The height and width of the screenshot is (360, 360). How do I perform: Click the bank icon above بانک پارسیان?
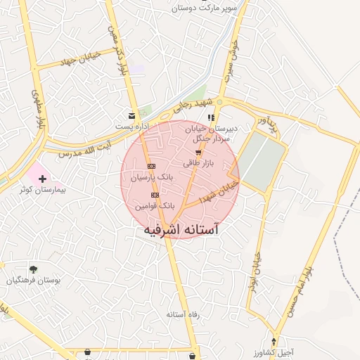coord(151,166)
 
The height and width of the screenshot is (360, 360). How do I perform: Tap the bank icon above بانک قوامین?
coord(155,195)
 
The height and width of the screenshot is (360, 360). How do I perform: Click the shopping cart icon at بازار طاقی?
coord(198,153)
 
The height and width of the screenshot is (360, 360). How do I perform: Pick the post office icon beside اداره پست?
coord(131,115)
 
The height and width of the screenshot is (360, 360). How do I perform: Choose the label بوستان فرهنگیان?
coord(31,281)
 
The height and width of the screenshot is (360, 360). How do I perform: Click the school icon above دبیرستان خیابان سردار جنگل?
coord(210,117)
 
